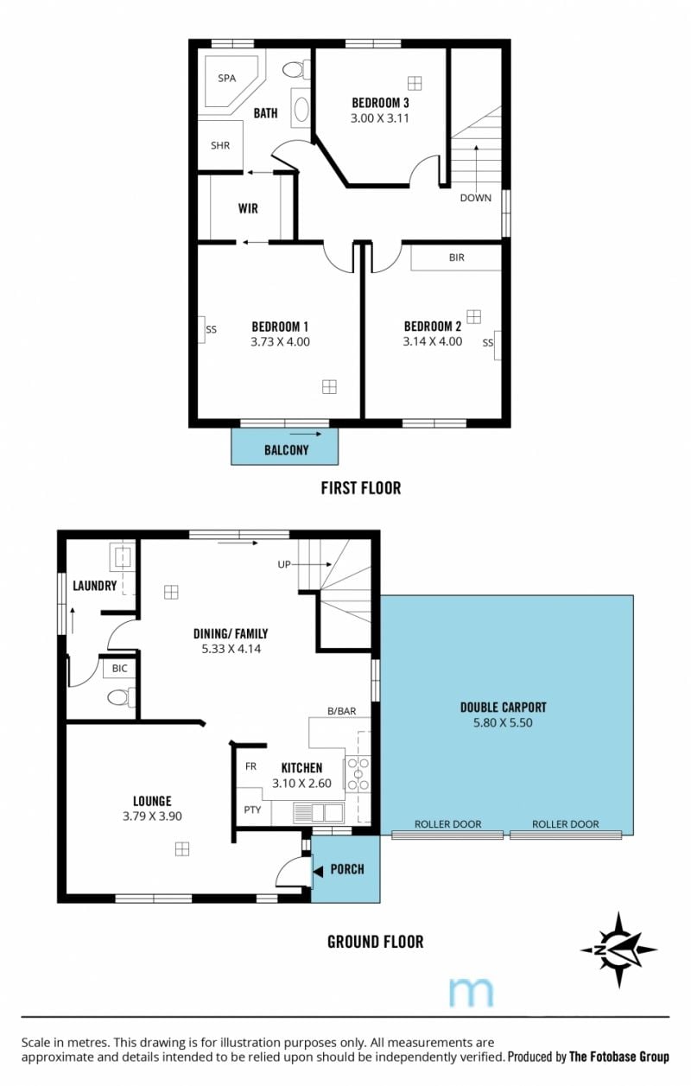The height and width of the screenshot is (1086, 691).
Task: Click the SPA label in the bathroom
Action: tap(227, 78)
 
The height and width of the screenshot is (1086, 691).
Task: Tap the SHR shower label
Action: tap(220, 145)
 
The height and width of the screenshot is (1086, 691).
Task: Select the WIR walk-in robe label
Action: tap(248, 209)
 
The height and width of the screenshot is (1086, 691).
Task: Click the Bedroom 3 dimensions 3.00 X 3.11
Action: tap(380, 117)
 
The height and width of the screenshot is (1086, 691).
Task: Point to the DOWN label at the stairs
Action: tap(475, 198)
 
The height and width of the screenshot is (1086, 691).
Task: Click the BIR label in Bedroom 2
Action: tap(456, 257)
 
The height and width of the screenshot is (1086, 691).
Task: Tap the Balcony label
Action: tap(287, 450)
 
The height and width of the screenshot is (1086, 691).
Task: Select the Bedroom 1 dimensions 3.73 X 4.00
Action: tap(280, 342)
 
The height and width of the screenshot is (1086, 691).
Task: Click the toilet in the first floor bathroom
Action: tap(295, 69)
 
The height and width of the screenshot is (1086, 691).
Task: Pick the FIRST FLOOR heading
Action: tap(361, 488)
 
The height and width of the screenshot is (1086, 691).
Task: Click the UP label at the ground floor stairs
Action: tap(284, 564)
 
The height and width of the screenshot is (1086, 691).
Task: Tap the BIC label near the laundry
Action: tap(120, 669)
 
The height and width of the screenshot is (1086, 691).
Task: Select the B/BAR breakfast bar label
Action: tap(342, 711)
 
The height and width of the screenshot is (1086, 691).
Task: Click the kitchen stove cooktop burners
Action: tap(358, 775)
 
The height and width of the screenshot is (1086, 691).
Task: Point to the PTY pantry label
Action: tap(252, 810)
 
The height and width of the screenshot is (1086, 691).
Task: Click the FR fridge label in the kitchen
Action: tap(250, 766)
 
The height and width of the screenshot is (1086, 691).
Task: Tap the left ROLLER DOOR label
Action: tap(447, 824)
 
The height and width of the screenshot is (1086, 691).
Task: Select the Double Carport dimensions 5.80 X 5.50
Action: tap(503, 723)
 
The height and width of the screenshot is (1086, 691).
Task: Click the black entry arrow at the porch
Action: tap(318, 871)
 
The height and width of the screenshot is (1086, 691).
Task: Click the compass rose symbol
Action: tap(618, 949)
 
